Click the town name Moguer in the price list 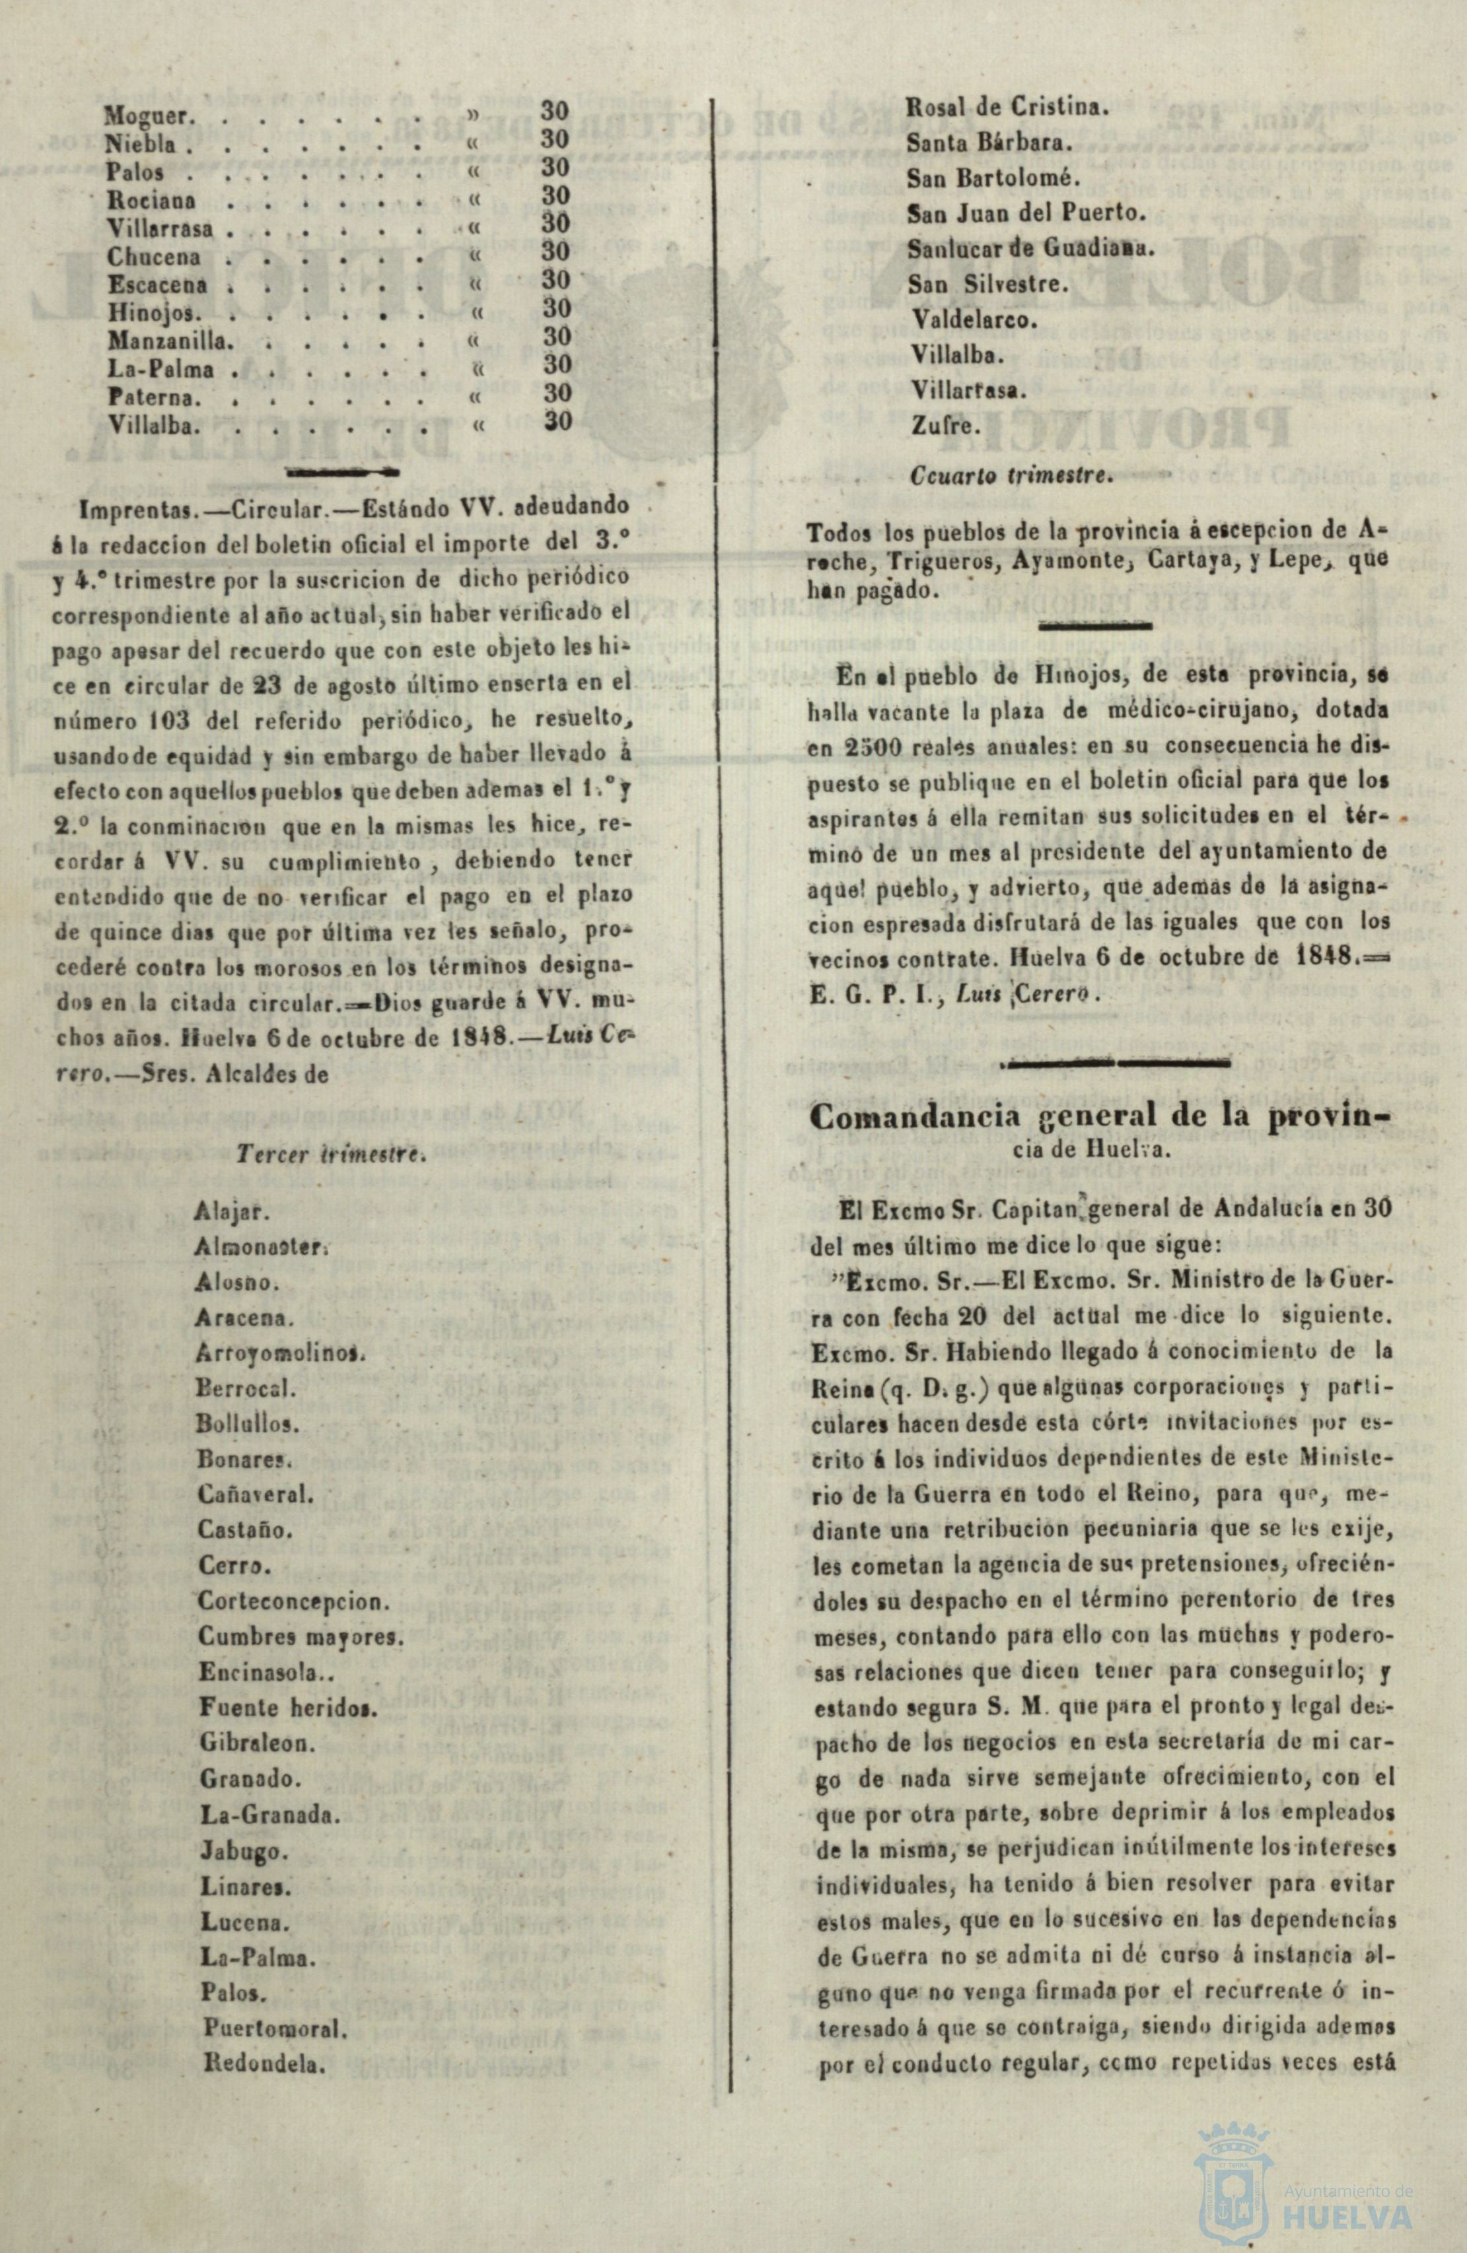coord(151,116)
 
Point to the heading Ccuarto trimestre coord(1009,476)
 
